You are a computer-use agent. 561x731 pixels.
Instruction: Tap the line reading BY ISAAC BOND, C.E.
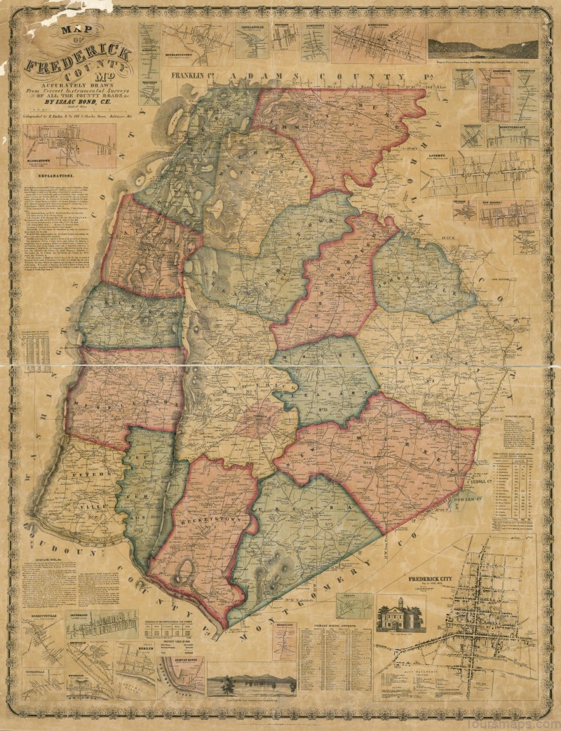(76, 101)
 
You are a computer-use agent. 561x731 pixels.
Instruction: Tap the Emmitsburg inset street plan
(378, 43)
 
